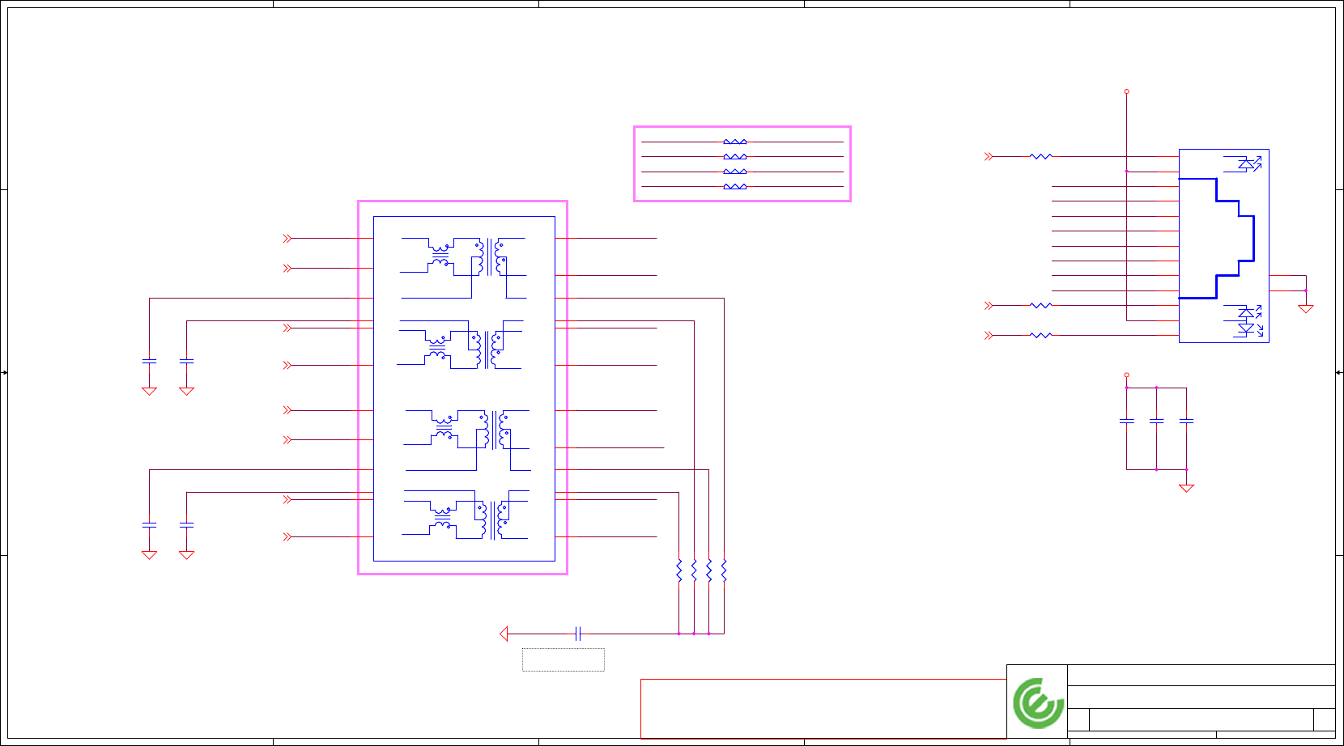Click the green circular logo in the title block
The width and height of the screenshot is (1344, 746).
point(1038,702)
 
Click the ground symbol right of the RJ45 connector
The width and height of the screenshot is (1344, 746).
point(1305,308)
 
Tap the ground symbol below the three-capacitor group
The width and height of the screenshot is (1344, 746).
point(1186,488)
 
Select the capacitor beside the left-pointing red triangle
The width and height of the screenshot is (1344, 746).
point(578,634)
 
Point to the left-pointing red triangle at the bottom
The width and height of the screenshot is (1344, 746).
point(504,634)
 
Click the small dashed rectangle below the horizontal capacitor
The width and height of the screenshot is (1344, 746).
point(563,659)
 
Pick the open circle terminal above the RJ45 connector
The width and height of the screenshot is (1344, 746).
point(1126,91)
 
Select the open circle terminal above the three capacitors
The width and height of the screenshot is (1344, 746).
point(1126,375)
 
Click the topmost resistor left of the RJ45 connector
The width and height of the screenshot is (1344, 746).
point(1040,156)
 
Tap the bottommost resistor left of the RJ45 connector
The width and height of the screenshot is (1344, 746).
point(1040,335)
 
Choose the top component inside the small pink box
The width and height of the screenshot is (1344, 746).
point(734,142)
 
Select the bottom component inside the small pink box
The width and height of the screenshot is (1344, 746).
point(734,187)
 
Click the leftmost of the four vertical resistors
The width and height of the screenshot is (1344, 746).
point(679,570)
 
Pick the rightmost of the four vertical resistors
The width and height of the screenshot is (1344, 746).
point(724,570)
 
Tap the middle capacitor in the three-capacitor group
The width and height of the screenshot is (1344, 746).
point(1156,421)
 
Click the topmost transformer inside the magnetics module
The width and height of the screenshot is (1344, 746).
point(464,257)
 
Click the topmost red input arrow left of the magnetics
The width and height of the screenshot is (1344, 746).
point(287,239)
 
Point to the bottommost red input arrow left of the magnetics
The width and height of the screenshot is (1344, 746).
point(287,536)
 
